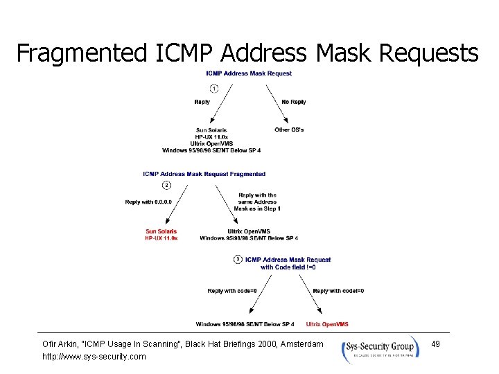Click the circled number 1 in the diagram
pyautogui.click(x=214, y=88)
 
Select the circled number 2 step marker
pyautogui.click(x=166, y=185)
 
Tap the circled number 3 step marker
pyautogui.click(x=238, y=259)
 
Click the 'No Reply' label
pyautogui.click(x=294, y=102)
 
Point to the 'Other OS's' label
pyautogui.click(x=289, y=130)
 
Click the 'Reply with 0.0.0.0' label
pyautogui.click(x=148, y=202)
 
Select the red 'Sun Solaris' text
pyautogui.click(x=161, y=231)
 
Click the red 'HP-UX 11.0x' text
pyautogui.click(x=161, y=238)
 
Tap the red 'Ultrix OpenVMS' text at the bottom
pyautogui.click(x=327, y=324)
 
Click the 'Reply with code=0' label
pyautogui.click(x=233, y=291)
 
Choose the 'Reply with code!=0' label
pyautogui.click(x=339, y=291)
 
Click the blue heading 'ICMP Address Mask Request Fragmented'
pyautogui.click(x=204, y=174)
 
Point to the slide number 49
pyautogui.click(x=435, y=344)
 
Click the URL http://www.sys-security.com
pyautogui.click(x=94, y=356)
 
